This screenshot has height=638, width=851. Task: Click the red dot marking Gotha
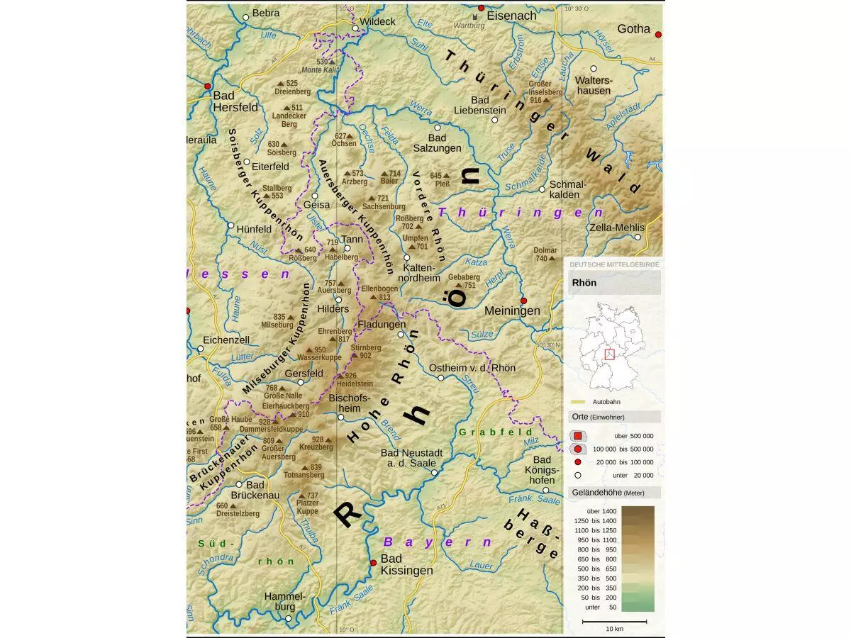pyautogui.click(x=658, y=34)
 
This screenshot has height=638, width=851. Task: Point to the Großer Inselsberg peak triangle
pyautogui.click(x=546, y=101)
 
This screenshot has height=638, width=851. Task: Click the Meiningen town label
pyautogui.click(x=512, y=310)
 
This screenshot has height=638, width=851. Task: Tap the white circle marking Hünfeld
pyautogui.click(x=230, y=225)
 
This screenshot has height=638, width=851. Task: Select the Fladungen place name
pyautogui.click(x=382, y=325)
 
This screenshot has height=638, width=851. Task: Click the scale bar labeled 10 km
pyautogui.click(x=614, y=622)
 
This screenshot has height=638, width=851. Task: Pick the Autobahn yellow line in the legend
pyautogui.click(x=580, y=402)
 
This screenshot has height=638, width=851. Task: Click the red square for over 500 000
pyautogui.click(x=578, y=436)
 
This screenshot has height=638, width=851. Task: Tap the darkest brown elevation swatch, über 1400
pyautogui.click(x=638, y=511)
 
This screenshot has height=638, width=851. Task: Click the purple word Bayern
pyautogui.click(x=438, y=542)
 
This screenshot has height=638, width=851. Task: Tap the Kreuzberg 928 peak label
pyautogui.click(x=316, y=443)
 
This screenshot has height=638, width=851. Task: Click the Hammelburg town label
pyautogui.click(x=284, y=602)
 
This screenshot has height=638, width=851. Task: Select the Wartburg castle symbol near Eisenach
pyautogui.click(x=474, y=16)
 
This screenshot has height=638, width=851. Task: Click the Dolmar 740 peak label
pyautogui.click(x=545, y=254)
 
